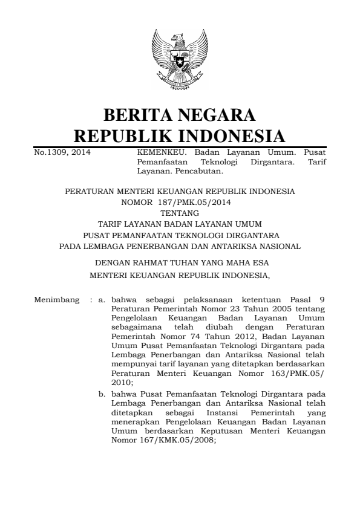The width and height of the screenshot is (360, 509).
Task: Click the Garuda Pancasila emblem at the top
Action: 180,61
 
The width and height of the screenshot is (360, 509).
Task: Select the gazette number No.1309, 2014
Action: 62,153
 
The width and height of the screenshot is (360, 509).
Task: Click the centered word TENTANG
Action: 180,213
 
